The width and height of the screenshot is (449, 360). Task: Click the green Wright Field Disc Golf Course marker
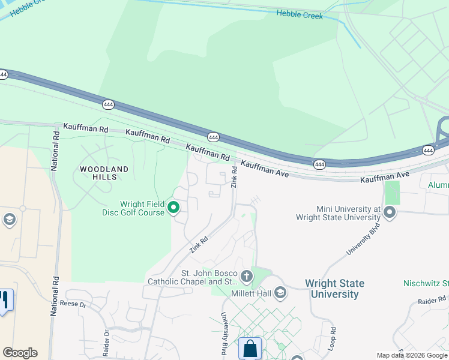[173, 208]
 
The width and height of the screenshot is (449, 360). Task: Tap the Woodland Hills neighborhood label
[104, 173]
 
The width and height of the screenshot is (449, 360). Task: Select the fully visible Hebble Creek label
[300, 14]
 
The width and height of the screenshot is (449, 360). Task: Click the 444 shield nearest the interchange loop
[427, 150]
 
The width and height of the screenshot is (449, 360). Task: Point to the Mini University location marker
[390, 212]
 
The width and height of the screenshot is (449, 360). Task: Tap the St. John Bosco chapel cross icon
[246, 277]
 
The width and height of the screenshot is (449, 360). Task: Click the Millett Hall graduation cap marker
[280, 293]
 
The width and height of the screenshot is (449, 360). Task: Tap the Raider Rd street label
[432, 299]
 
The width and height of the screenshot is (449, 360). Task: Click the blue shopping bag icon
[250, 349]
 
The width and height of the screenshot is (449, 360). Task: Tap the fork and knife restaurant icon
[5, 300]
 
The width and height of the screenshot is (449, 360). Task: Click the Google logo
[20, 353]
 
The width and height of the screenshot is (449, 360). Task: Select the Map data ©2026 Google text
[412, 355]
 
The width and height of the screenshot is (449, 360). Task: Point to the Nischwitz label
[426, 283]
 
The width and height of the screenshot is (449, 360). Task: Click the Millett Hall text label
[251, 294]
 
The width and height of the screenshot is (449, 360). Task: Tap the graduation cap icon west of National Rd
[8, 220]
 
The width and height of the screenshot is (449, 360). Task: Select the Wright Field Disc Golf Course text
[142, 208]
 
